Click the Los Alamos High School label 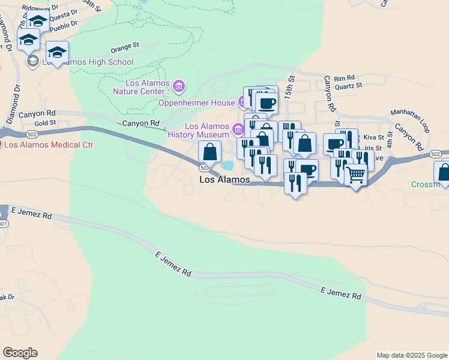click(88, 62)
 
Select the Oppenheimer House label click(196, 103)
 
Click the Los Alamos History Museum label click(206, 130)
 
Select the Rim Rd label click(345, 77)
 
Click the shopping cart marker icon click(356, 175)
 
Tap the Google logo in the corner click(20, 353)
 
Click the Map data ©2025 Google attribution click(412, 355)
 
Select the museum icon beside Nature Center click(179, 87)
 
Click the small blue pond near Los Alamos click(227, 165)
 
